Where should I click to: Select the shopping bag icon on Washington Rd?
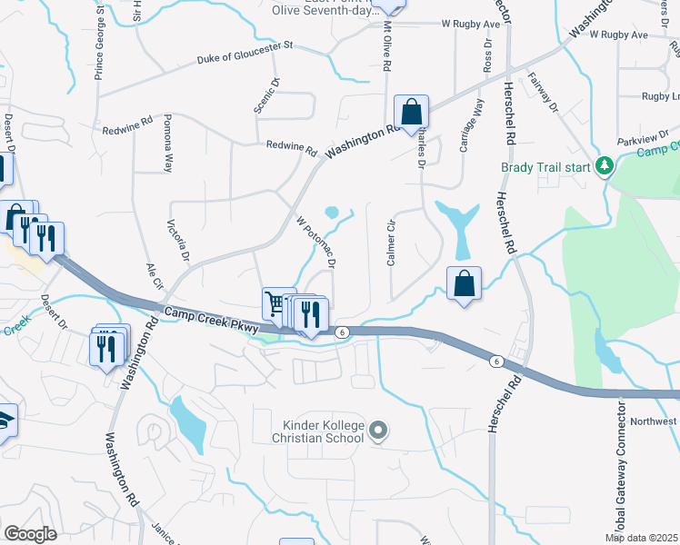click(x=411, y=113)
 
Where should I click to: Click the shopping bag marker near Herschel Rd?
click(x=464, y=283)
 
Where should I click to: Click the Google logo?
click(x=30, y=534)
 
